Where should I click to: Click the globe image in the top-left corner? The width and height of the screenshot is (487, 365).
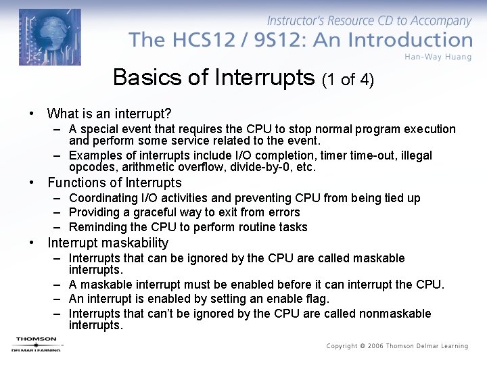49,37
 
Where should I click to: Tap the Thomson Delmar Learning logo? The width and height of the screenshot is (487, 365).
36,344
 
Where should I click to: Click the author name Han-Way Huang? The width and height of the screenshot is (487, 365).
438,56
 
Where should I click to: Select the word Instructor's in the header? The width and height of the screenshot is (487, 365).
298,22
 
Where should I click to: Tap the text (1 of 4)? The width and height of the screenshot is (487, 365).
348,80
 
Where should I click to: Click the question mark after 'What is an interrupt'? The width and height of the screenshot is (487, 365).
168,114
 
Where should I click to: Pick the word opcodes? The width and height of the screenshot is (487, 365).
91,167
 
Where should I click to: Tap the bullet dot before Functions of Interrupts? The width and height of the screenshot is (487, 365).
31,182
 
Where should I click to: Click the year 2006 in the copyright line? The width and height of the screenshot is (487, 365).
377,346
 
